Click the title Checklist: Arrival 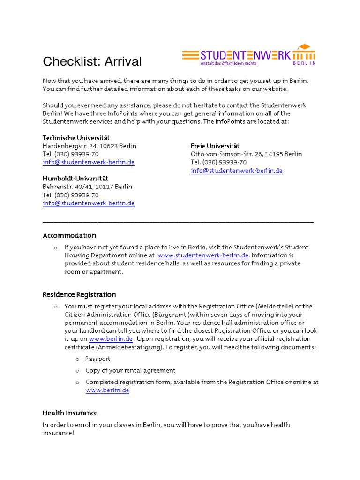pos(92,61)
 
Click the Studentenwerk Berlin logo pos(248,55)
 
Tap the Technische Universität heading pos(76,138)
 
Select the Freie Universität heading pos(215,146)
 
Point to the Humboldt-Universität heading pos(75,179)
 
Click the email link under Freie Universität pos(236,171)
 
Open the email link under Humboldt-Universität pos(89,203)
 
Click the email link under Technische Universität pos(89,162)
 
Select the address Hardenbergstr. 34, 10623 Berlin pos(90,146)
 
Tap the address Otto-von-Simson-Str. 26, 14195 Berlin pos(246,154)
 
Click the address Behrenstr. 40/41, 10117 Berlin pos(88,187)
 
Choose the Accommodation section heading pos(69,235)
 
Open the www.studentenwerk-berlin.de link pos(203,255)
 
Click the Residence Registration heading pos(79,295)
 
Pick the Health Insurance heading pos(70,413)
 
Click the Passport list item pos(97,359)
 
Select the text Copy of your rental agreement pos(130,370)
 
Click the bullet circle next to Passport pos(77,359)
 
